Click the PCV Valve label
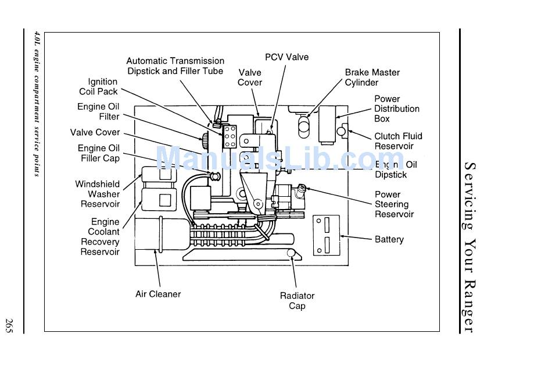tap(286, 57)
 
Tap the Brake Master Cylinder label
tap(372, 77)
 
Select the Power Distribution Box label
tap(397, 109)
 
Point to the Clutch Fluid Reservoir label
tap(398, 141)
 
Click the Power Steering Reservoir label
tap(394, 204)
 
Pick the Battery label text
tap(389, 239)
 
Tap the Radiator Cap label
tap(297, 300)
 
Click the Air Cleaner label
tap(158, 294)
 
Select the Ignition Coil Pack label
tap(98, 87)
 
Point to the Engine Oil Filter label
tap(98, 112)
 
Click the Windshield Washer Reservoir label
tap(98, 194)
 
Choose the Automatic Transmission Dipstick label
tap(175, 66)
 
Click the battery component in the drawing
tap(327, 235)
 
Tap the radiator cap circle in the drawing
tap(291, 253)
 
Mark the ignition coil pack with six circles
tap(230, 137)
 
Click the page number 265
tap(9, 325)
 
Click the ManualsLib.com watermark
tap(280, 158)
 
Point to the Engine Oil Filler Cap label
tap(99, 153)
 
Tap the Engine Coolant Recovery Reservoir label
tap(100, 237)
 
